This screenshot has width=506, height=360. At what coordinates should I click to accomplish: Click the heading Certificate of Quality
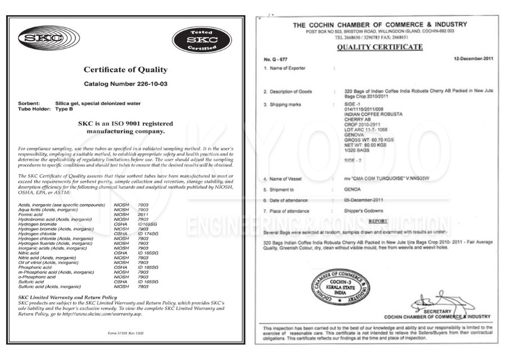coord(125,70)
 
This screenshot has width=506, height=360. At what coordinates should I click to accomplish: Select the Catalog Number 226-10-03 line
coord(125,84)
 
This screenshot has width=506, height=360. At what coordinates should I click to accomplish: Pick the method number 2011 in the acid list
coord(143,214)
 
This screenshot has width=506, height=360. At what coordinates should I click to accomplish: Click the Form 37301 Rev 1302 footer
coord(125,334)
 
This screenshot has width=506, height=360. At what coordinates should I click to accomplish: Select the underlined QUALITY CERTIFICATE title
coord(379,47)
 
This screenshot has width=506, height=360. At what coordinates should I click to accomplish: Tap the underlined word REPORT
coord(378,221)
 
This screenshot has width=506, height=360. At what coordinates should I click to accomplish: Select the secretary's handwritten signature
coord(436,301)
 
